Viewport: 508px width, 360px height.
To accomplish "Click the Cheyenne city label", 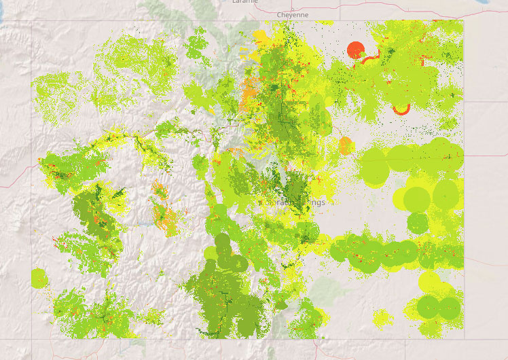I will [293, 14].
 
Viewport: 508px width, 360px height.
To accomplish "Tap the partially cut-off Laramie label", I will [244, 2].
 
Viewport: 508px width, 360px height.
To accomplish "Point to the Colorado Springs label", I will [293, 202].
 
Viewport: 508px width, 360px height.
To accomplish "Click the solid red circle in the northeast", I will [356, 50].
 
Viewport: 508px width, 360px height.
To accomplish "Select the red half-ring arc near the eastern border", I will [401, 109].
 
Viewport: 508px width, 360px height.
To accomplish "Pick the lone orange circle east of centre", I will [346, 145].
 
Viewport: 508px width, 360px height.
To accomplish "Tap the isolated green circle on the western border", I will [39, 278].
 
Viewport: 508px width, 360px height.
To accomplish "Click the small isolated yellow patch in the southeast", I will [382, 317].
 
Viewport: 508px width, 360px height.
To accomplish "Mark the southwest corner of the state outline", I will [31, 338].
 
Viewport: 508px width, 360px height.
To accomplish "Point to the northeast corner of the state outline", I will [464, 20].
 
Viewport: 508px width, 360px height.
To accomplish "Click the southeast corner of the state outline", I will [464, 338].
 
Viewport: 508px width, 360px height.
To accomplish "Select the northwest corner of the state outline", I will [31, 20].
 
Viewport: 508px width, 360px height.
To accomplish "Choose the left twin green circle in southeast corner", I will [429, 307].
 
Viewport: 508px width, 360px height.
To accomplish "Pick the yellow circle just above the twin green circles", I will [430, 281].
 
